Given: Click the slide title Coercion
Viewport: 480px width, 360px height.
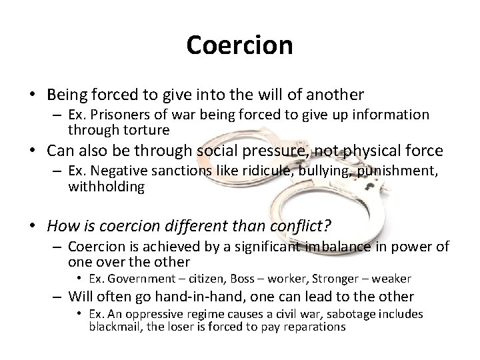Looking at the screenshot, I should [240, 45].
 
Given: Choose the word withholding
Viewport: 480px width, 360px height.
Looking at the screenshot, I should [106, 187].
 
